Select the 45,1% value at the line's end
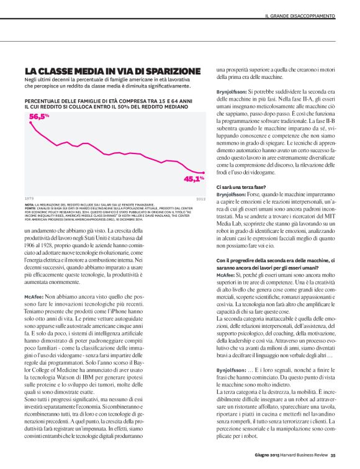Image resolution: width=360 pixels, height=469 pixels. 194,179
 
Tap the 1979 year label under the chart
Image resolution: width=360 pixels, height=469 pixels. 29,199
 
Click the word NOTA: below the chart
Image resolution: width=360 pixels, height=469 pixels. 30,204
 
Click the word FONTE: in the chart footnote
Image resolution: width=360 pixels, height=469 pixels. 30,208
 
